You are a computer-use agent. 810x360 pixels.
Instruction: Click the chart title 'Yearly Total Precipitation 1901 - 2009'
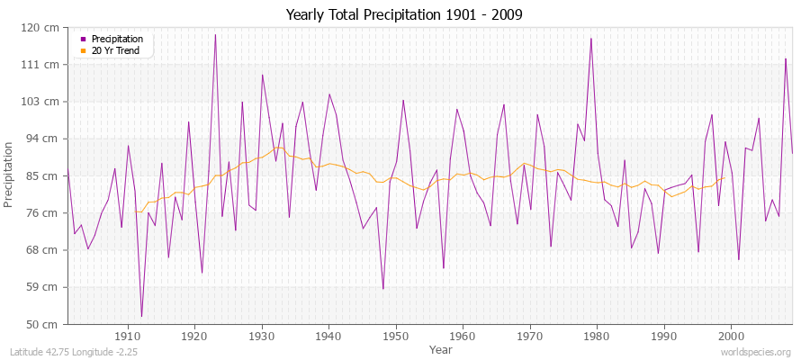404,15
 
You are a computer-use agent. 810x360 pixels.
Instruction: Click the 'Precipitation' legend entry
117,39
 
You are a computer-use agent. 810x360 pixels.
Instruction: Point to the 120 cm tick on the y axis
44,28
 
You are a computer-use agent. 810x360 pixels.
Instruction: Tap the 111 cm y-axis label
44,65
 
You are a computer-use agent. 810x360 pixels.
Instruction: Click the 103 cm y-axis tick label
44,102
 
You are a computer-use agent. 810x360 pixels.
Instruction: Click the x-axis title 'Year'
441,349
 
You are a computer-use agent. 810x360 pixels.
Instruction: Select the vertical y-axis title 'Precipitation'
10,175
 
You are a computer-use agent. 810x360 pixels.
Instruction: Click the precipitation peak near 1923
215,35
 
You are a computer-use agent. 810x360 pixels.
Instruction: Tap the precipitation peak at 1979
591,39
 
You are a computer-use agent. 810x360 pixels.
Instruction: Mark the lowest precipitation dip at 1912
141,316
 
